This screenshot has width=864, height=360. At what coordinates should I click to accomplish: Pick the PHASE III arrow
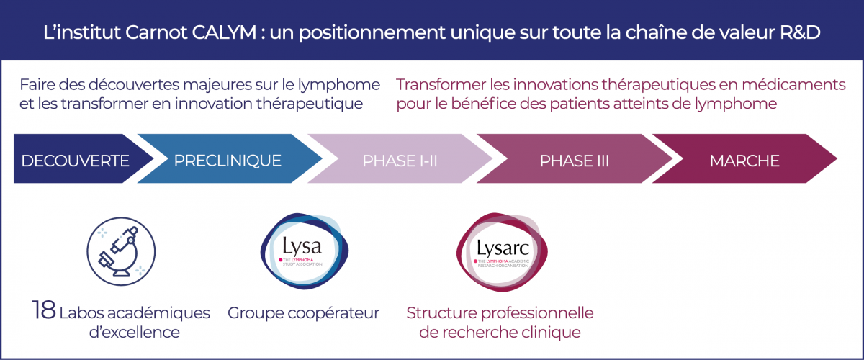[x=575, y=158]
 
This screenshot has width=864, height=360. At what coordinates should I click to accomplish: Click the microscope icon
[x=121, y=251]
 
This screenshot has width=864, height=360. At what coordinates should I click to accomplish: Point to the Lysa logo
[x=305, y=251]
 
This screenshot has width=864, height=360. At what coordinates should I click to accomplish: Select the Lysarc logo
[x=502, y=252]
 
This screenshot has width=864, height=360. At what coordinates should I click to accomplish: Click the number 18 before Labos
[x=44, y=310]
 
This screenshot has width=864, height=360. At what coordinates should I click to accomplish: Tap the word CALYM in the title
[x=224, y=32]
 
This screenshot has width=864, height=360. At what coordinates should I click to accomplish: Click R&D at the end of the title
[x=800, y=32]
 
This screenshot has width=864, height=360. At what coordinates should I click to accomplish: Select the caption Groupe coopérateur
[x=304, y=313]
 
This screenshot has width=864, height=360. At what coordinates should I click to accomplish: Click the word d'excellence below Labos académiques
[x=135, y=332]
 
